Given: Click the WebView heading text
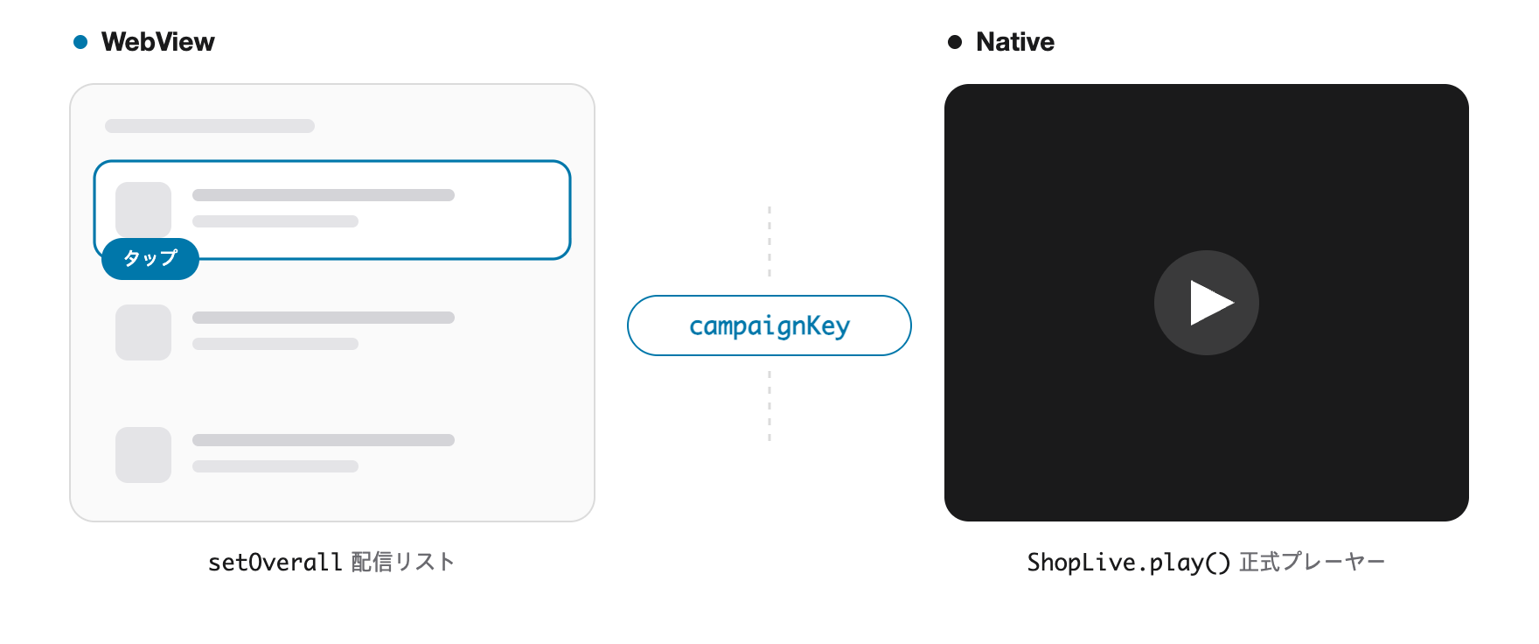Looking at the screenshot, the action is (157, 42).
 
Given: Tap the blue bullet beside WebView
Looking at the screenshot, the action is (80, 42).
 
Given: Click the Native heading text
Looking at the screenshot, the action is (1015, 42).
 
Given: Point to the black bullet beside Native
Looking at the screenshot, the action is (955, 42).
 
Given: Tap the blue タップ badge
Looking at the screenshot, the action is (150, 259).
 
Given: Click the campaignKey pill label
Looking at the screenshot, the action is (769, 325).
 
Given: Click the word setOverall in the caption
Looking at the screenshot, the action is (275, 562).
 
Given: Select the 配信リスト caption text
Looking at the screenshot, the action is (403, 562).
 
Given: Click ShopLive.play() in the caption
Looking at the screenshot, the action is (1128, 562).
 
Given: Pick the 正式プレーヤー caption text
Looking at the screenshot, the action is (1313, 562).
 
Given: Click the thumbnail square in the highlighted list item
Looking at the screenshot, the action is (143, 208).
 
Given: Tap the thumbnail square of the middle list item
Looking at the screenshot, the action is (143, 332).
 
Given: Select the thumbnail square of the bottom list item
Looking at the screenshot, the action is (143, 455).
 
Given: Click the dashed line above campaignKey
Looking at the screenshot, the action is (769, 241).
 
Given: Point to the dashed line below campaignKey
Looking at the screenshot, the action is (769, 406).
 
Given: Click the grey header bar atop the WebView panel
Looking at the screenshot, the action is (210, 126).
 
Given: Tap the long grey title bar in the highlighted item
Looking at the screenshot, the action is (324, 195).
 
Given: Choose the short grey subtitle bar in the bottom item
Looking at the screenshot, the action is (275, 466).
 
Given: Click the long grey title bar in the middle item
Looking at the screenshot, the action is (324, 318).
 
